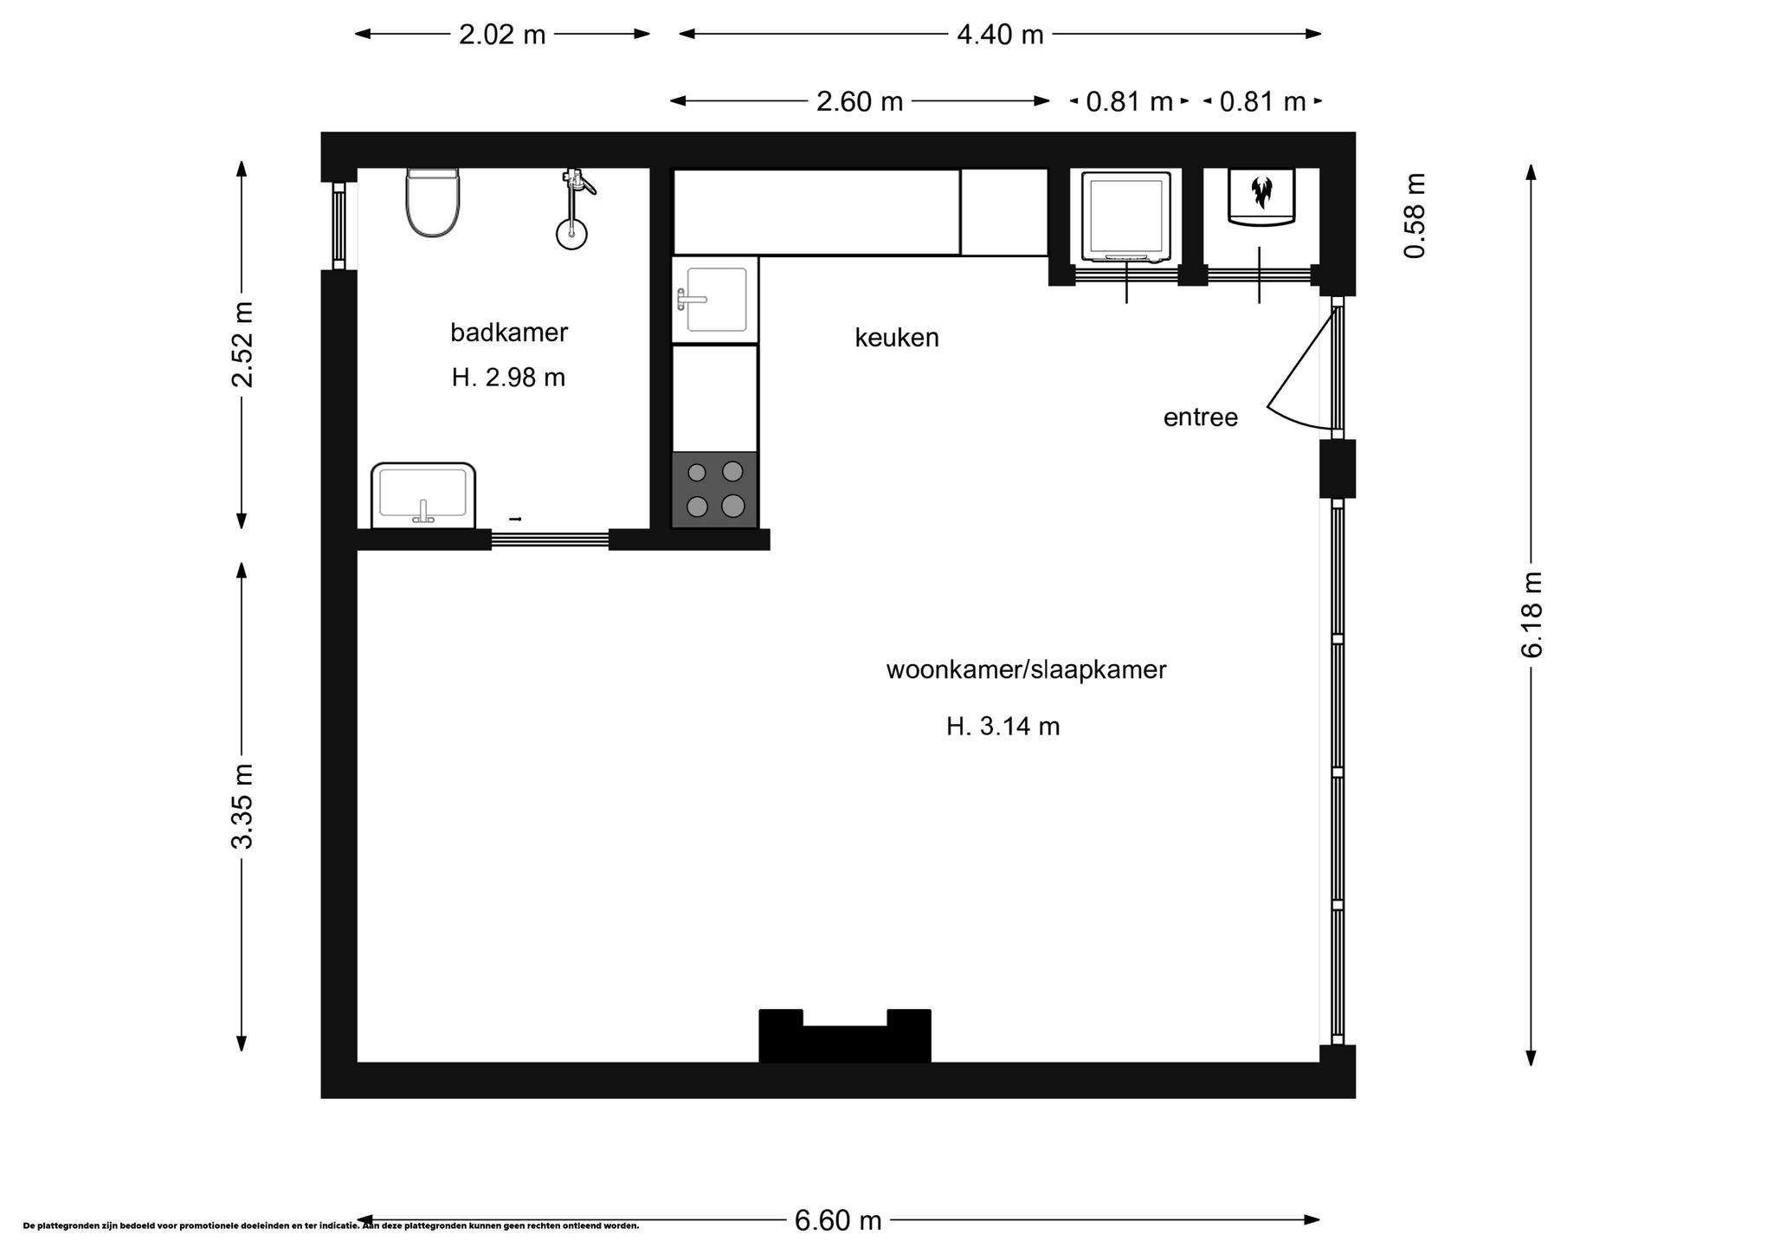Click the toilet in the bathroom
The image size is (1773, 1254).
[433, 203]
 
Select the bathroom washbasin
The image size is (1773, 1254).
[423, 495]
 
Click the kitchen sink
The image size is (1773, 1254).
[715, 300]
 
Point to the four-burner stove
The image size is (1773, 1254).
[715, 489]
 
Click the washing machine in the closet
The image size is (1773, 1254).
[1126, 217]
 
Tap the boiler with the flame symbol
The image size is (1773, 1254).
[1261, 197]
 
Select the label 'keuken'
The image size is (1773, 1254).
[897, 338]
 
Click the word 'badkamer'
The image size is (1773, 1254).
[509, 333]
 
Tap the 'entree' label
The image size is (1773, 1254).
[1201, 417]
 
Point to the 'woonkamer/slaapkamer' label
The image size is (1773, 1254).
[1027, 669]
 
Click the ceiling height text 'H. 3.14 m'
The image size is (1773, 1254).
[1003, 726]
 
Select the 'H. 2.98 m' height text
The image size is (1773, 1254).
[509, 378]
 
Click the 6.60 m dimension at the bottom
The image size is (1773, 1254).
[838, 1220]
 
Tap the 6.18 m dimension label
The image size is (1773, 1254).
[1531, 614]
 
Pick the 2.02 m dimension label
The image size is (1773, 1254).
[502, 35]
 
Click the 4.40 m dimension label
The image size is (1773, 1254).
[1000, 35]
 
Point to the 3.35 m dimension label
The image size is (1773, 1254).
[242, 806]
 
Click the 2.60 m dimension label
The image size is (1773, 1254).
[860, 101]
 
